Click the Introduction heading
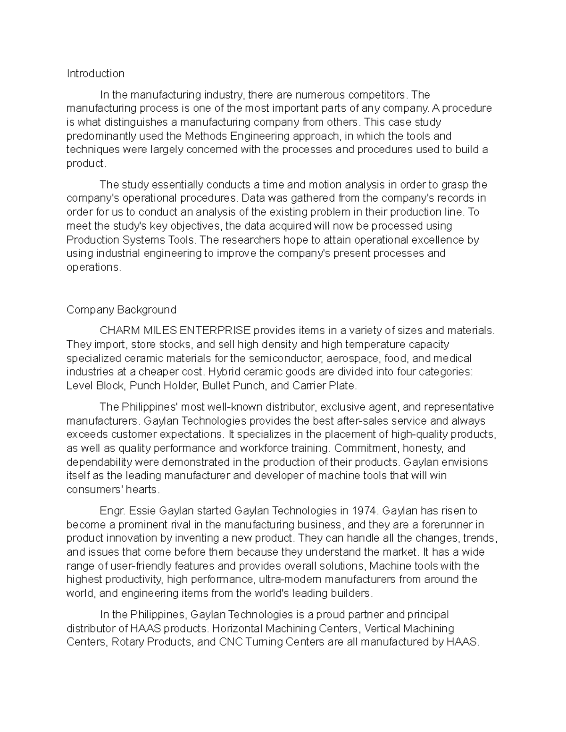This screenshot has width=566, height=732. [95, 74]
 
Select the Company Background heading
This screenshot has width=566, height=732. [121, 310]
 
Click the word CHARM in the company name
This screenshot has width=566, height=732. [118, 331]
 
